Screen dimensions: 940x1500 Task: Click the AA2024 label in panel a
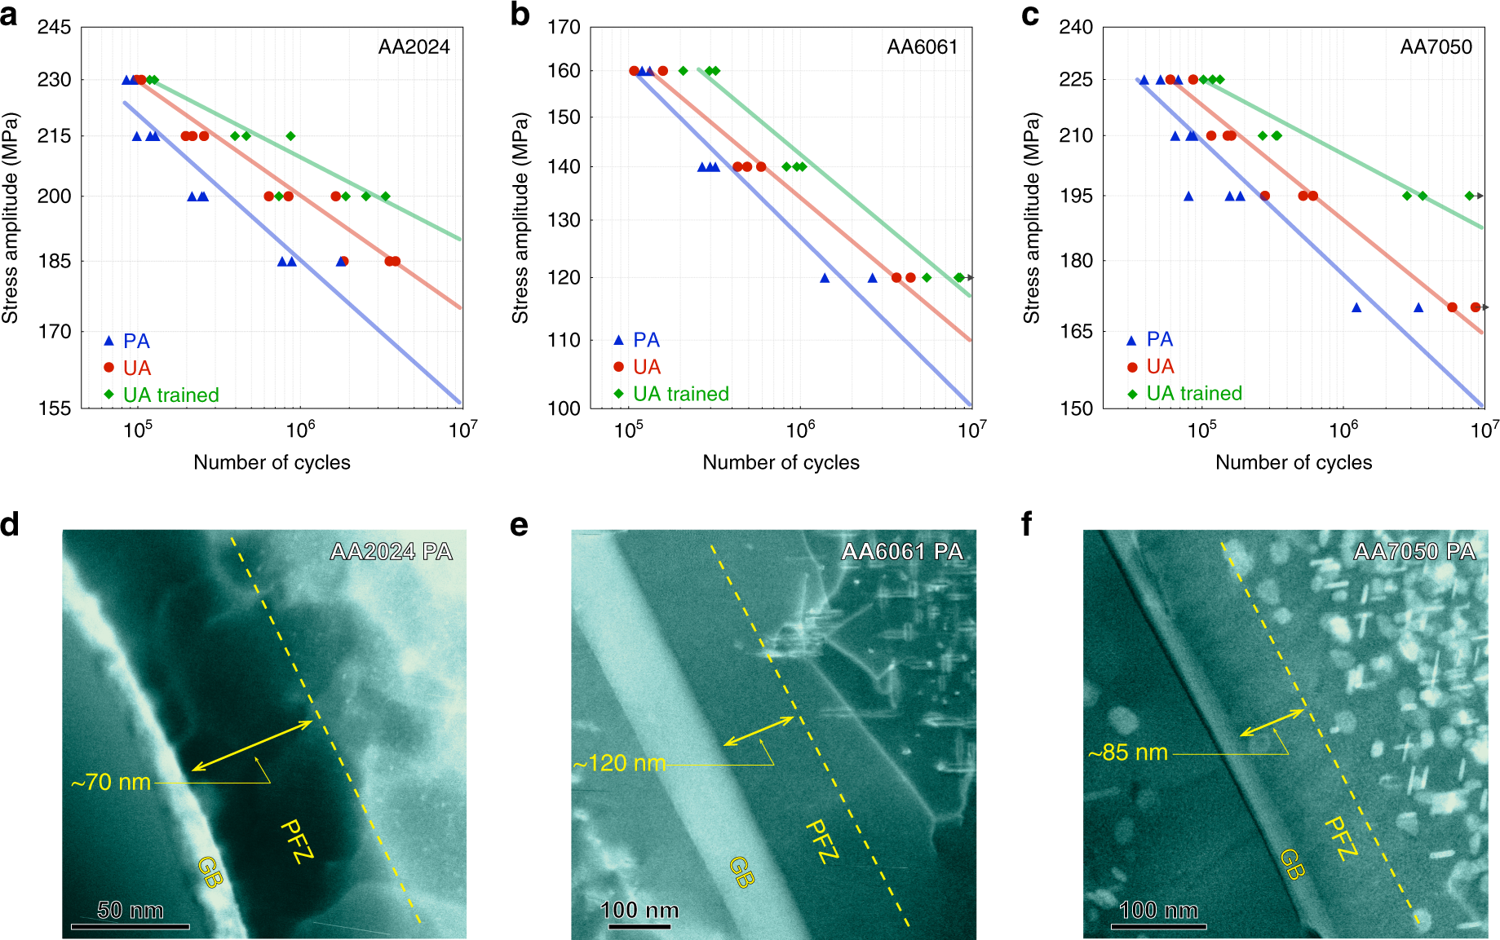(414, 47)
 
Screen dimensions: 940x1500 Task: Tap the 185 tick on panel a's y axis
(54, 262)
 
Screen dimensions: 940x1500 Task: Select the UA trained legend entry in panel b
(680, 395)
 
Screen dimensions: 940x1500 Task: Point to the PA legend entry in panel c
(1158, 340)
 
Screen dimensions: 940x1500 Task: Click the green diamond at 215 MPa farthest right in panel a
(290, 136)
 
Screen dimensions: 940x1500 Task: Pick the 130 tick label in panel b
(564, 220)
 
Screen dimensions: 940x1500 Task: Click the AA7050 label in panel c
(1436, 47)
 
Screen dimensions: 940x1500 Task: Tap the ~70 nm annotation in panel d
(111, 783)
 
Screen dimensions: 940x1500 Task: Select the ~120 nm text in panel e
(619, 764)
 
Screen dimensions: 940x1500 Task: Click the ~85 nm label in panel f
(1128, 752)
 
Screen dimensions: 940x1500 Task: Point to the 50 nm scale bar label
(130, 910)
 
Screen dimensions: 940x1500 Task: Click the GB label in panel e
(741, 872)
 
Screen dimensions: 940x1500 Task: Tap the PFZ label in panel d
(297, 841)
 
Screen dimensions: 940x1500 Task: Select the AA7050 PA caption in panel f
(1414, 552)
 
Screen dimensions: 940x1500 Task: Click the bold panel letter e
(519, 526)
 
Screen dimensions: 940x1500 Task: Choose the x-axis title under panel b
(781, 463)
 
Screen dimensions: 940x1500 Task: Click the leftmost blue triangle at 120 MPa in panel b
(825, 278)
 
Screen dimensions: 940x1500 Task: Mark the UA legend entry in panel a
(136, 368)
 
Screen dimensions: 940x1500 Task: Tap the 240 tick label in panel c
(1075, 28)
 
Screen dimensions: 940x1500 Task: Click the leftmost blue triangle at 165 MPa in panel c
(1356, 308)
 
